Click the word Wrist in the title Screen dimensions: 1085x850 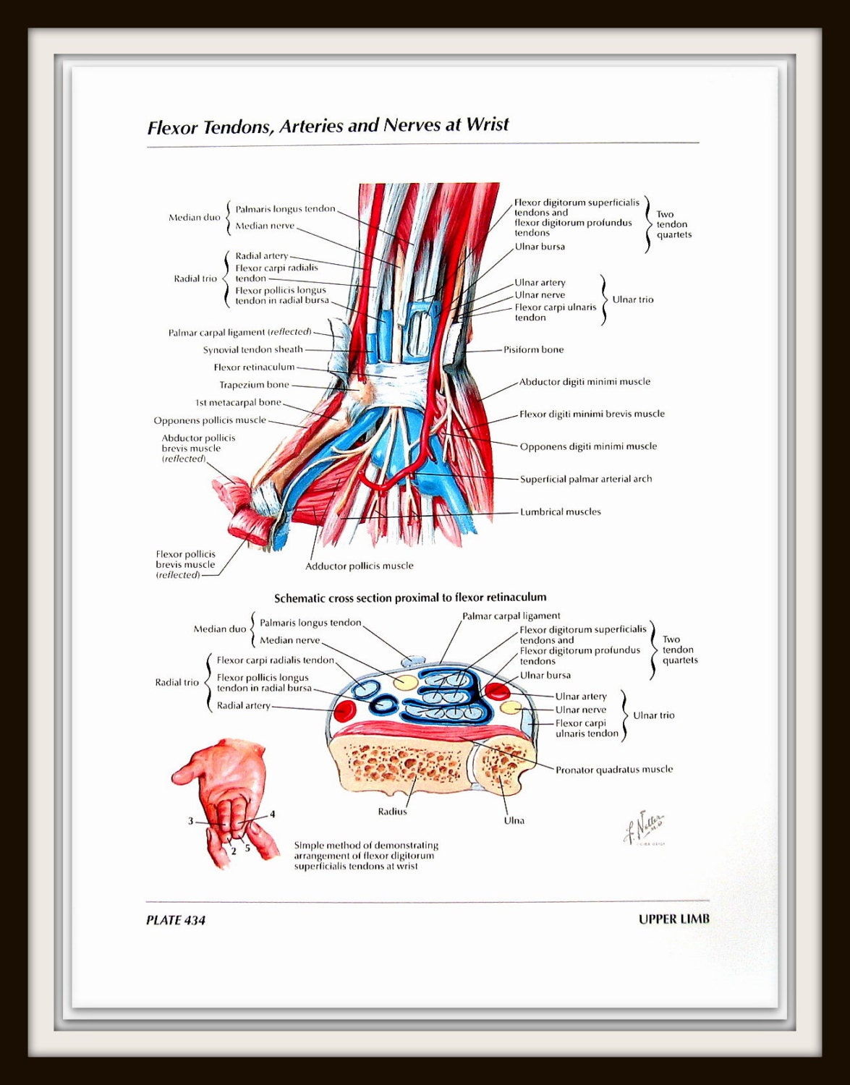[x=487, y=124]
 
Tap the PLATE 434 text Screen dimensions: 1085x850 [x=175, y=920]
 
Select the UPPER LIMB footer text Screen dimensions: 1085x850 [x=673, y=919]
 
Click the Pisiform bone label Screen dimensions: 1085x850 [x=533, y=349]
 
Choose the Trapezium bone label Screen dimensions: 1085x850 [x=254, y=385]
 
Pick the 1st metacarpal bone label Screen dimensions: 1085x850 [x=238, y=402]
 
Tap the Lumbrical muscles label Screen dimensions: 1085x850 [x=560, y=511]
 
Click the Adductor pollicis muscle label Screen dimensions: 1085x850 [x=359, y=566]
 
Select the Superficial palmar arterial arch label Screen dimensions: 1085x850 [x=585, y=479]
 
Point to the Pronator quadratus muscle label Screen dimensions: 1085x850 [x=613, y=770]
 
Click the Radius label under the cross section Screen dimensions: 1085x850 [x=392, y=812]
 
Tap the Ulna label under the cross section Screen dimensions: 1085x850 [x=514, y=820]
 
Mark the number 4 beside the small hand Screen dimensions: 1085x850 [x=273, y=814]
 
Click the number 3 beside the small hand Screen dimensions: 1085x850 [x=190, y=821]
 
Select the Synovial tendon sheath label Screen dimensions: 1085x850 [x=252, y=349]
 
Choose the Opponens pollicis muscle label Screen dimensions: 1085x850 [x=209, y=420]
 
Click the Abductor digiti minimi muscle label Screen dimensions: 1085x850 [x=585, y=382]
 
